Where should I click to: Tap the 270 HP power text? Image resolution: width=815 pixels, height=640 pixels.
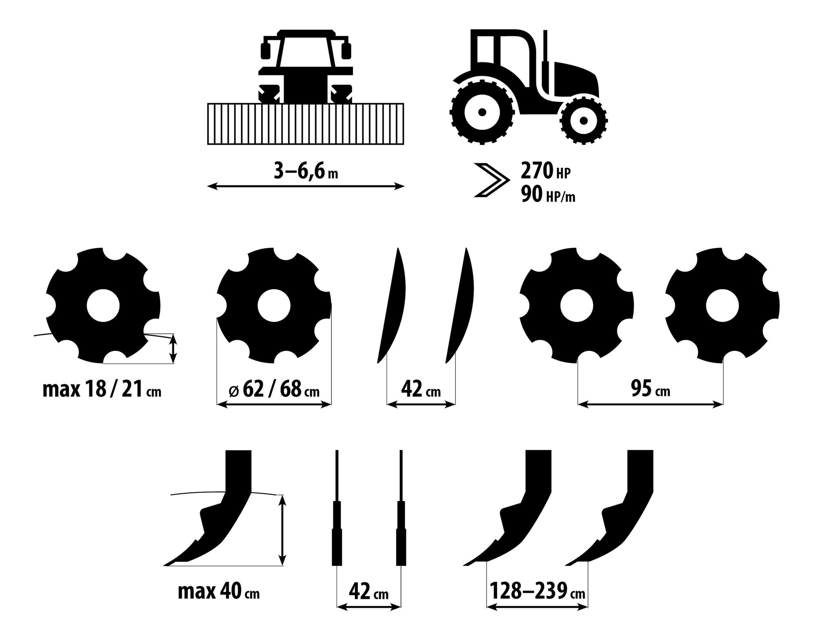(x=546, y=171)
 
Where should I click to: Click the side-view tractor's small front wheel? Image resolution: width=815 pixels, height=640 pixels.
(x=584, y=121)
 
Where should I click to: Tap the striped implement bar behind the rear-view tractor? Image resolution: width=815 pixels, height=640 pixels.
(x=306, y=124)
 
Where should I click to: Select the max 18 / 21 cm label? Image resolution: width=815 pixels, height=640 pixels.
(x=102, y=390)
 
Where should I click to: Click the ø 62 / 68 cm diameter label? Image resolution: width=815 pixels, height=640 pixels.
(x=274, y=390)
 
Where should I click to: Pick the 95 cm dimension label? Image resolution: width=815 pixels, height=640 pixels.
(x=650, y=390)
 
